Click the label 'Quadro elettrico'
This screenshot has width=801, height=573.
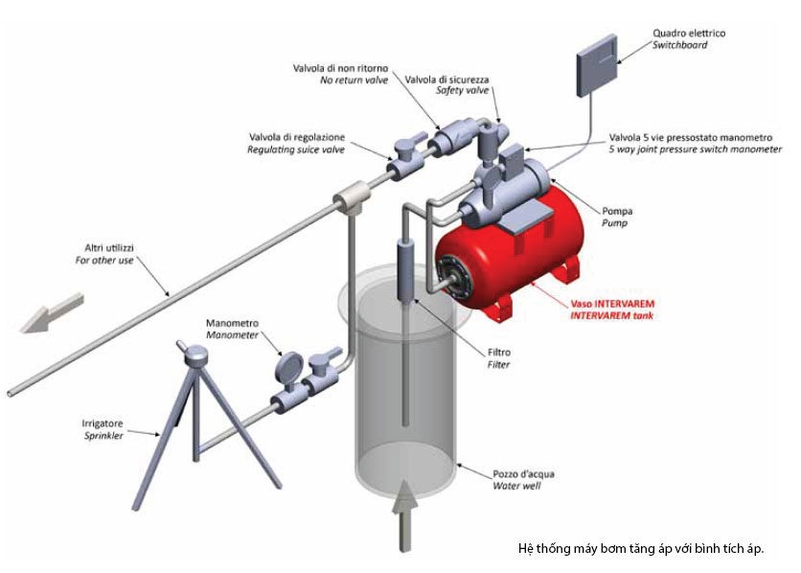(x=689, y=34)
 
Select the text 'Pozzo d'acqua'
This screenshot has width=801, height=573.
(x=523, y=473)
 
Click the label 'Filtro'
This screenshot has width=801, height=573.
(x=499, y=352)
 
